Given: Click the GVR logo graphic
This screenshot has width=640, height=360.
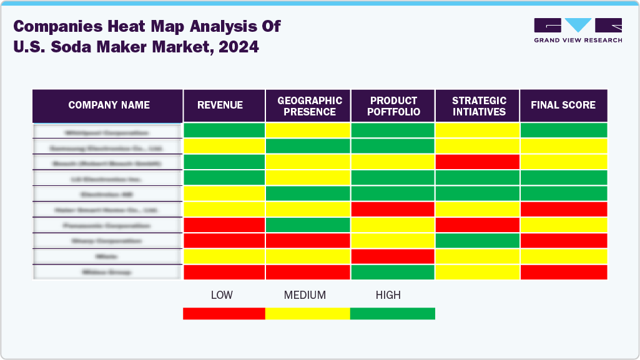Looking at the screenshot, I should [578, 26].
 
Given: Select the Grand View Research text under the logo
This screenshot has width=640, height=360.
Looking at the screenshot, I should [578, 41].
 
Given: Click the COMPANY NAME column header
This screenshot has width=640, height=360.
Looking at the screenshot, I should [109, 105].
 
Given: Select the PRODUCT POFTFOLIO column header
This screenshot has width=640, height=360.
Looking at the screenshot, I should [393, 106].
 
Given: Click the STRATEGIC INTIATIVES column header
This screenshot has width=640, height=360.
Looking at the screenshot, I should [478, 106].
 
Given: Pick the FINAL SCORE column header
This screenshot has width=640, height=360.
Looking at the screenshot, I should [563, 105].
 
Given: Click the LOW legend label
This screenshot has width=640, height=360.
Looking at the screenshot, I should [222, 295].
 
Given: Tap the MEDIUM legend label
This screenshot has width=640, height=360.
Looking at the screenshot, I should [305, 295].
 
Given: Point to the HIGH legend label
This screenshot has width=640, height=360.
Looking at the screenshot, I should [388, 295].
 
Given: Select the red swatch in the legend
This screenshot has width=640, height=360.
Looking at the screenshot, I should [224, 313].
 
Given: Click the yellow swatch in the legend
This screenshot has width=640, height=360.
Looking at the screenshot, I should [308, 313].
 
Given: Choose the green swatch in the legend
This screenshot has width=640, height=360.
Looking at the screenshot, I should [392, 313].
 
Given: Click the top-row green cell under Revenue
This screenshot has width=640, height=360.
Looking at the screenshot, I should [224, 130].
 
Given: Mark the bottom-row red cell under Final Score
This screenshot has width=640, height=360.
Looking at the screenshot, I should [563, 272].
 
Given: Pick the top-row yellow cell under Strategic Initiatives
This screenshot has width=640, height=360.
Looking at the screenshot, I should [478, 130].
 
